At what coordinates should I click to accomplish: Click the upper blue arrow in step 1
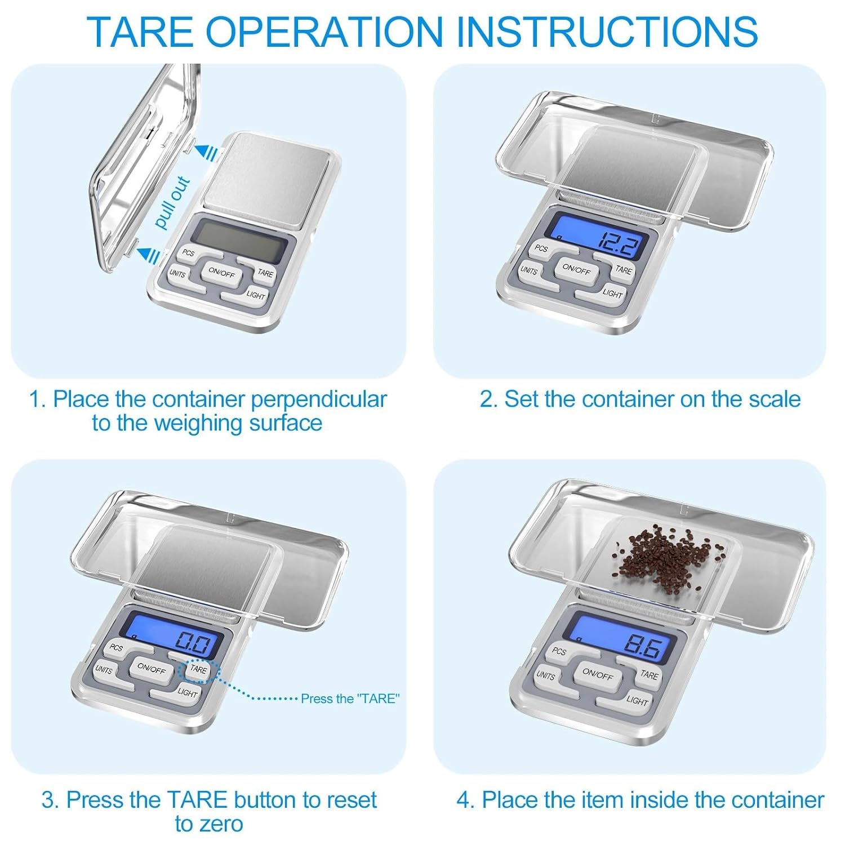(x=206, y=151)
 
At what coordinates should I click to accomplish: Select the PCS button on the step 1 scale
(x=189, y=254)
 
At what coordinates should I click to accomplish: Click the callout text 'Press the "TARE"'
(x=350, y=699)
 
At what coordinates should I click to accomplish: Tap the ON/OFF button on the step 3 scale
(x=152, y=669)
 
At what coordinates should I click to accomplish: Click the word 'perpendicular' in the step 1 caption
(x=319, y=399)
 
